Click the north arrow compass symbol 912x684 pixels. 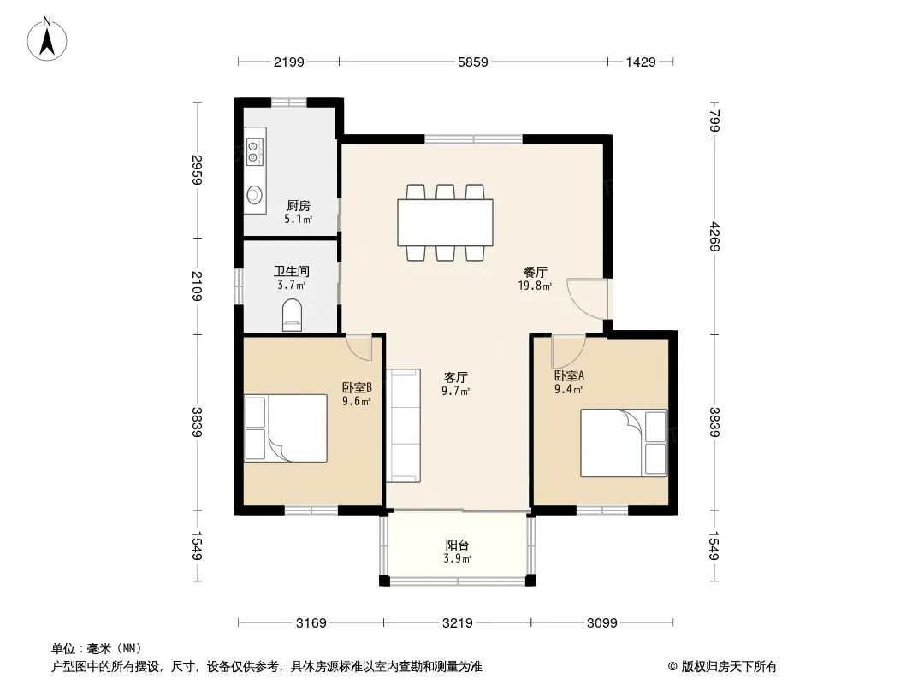pyautogui.click(x=47, y=39)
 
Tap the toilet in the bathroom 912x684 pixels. pyautogui.click(x=292, y=315)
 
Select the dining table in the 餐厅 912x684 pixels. pyautogui.click(x=445, y=222)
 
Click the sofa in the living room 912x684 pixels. pyautogui.click(x=404, y=426)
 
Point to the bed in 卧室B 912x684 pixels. pyautogui.click(x=286, y=428)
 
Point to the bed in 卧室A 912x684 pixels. pyautogui.click(x=624, y=443)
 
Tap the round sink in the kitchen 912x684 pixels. pyautogui.click(x=253, y=195)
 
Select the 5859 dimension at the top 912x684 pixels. pyautogui.click(x=472, y=62)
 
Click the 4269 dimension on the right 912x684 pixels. pyautogui.click(x=715, y=237)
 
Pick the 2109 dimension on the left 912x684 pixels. pyautogui.click(x=197, y=286)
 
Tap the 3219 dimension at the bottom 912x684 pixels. pyautogui.click(x=457, y=623)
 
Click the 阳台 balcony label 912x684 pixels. pyautogui.click(x=457, y=545)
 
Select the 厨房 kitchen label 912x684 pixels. pyautogui.click(x=299, y=205)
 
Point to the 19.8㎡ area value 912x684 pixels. pyautogui.click(x=535, y=286)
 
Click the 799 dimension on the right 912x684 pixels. pyautogui.click(x=715, y=121)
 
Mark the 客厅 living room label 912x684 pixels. pyautogui.click(x=456, y=377)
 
